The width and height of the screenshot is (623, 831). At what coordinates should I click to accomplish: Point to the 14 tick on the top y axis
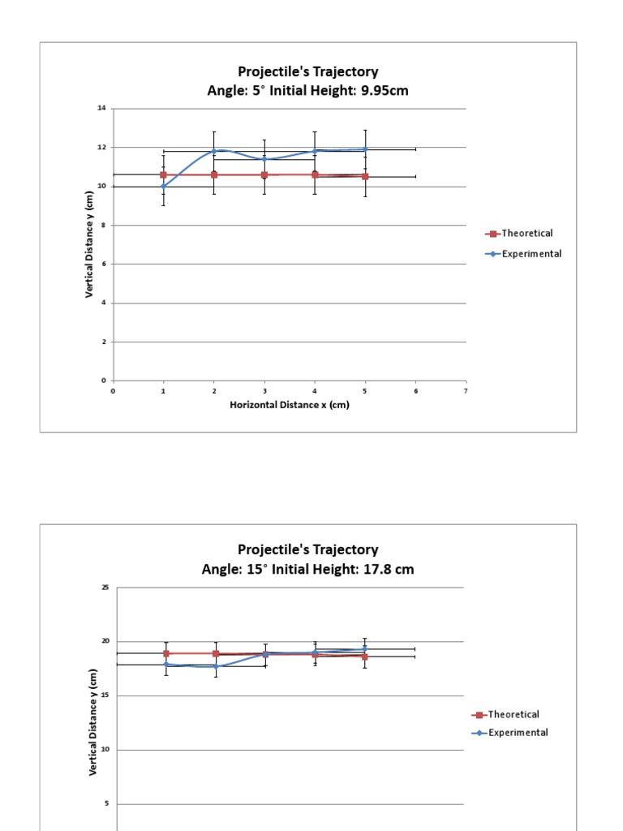coord(103,109)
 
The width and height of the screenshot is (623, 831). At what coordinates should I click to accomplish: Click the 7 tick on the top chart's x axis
coord(466,390)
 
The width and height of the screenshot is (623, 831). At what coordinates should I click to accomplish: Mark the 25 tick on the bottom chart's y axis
coord(105,588)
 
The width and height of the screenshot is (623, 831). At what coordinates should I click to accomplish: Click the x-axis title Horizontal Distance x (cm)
coord(290,405)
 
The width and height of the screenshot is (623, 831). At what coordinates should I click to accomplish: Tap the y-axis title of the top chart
coord(89,244)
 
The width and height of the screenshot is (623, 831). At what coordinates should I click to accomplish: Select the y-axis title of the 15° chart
coord(93,722)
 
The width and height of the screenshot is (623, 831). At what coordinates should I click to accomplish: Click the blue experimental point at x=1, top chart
coord(164,186)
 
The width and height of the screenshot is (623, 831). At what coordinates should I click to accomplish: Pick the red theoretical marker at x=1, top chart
coord(164,174)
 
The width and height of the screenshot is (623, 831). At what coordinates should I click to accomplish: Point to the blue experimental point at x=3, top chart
coord(264,159)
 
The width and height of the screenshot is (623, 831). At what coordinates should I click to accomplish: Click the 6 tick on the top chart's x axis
coord(416,390)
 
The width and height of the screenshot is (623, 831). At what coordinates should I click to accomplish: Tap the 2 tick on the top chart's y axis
coord(104,342)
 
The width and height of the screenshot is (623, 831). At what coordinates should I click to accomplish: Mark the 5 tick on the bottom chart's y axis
coord(106,804)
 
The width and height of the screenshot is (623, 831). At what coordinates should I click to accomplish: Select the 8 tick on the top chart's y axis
coord(104,226)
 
